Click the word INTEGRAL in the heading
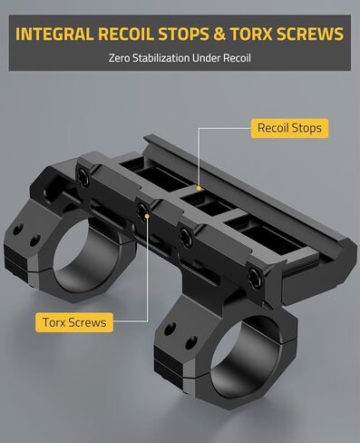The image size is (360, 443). (54, 34)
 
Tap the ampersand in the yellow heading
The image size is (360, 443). (219, 34)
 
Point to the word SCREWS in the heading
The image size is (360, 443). (310, 34)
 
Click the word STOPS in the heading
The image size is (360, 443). (184, 34)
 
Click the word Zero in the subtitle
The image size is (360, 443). (120, 57)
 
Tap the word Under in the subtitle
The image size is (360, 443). (207, 57)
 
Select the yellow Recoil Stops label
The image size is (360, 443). (289, 128)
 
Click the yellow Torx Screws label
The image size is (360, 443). (74, 322)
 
